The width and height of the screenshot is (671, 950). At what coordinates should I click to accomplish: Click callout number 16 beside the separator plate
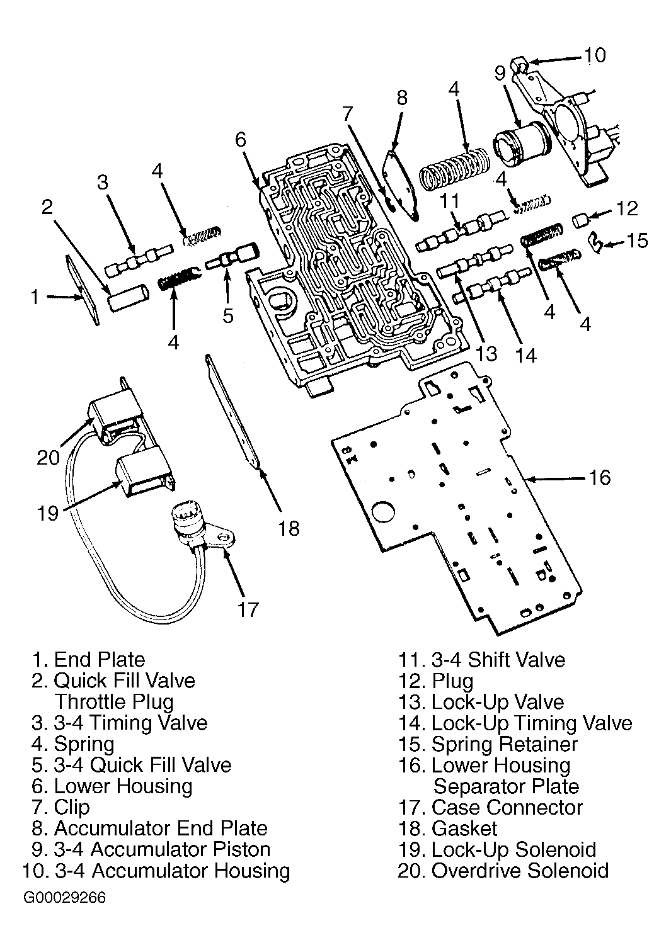point(600,478)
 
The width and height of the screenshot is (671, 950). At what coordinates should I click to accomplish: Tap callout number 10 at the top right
point(595,55)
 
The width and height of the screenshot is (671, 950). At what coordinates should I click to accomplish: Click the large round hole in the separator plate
point(383,512)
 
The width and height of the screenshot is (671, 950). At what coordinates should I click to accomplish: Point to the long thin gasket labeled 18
point(232,412)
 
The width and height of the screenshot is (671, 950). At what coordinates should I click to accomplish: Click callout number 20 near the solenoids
point(48,458)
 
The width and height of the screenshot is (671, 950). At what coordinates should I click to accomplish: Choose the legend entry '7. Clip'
point(60,807)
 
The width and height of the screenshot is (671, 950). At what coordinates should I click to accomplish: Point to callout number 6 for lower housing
point(241,140)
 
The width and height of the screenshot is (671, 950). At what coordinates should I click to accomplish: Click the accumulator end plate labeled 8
point(401,185)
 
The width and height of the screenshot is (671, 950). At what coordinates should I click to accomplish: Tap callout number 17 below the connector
point(248,610)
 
